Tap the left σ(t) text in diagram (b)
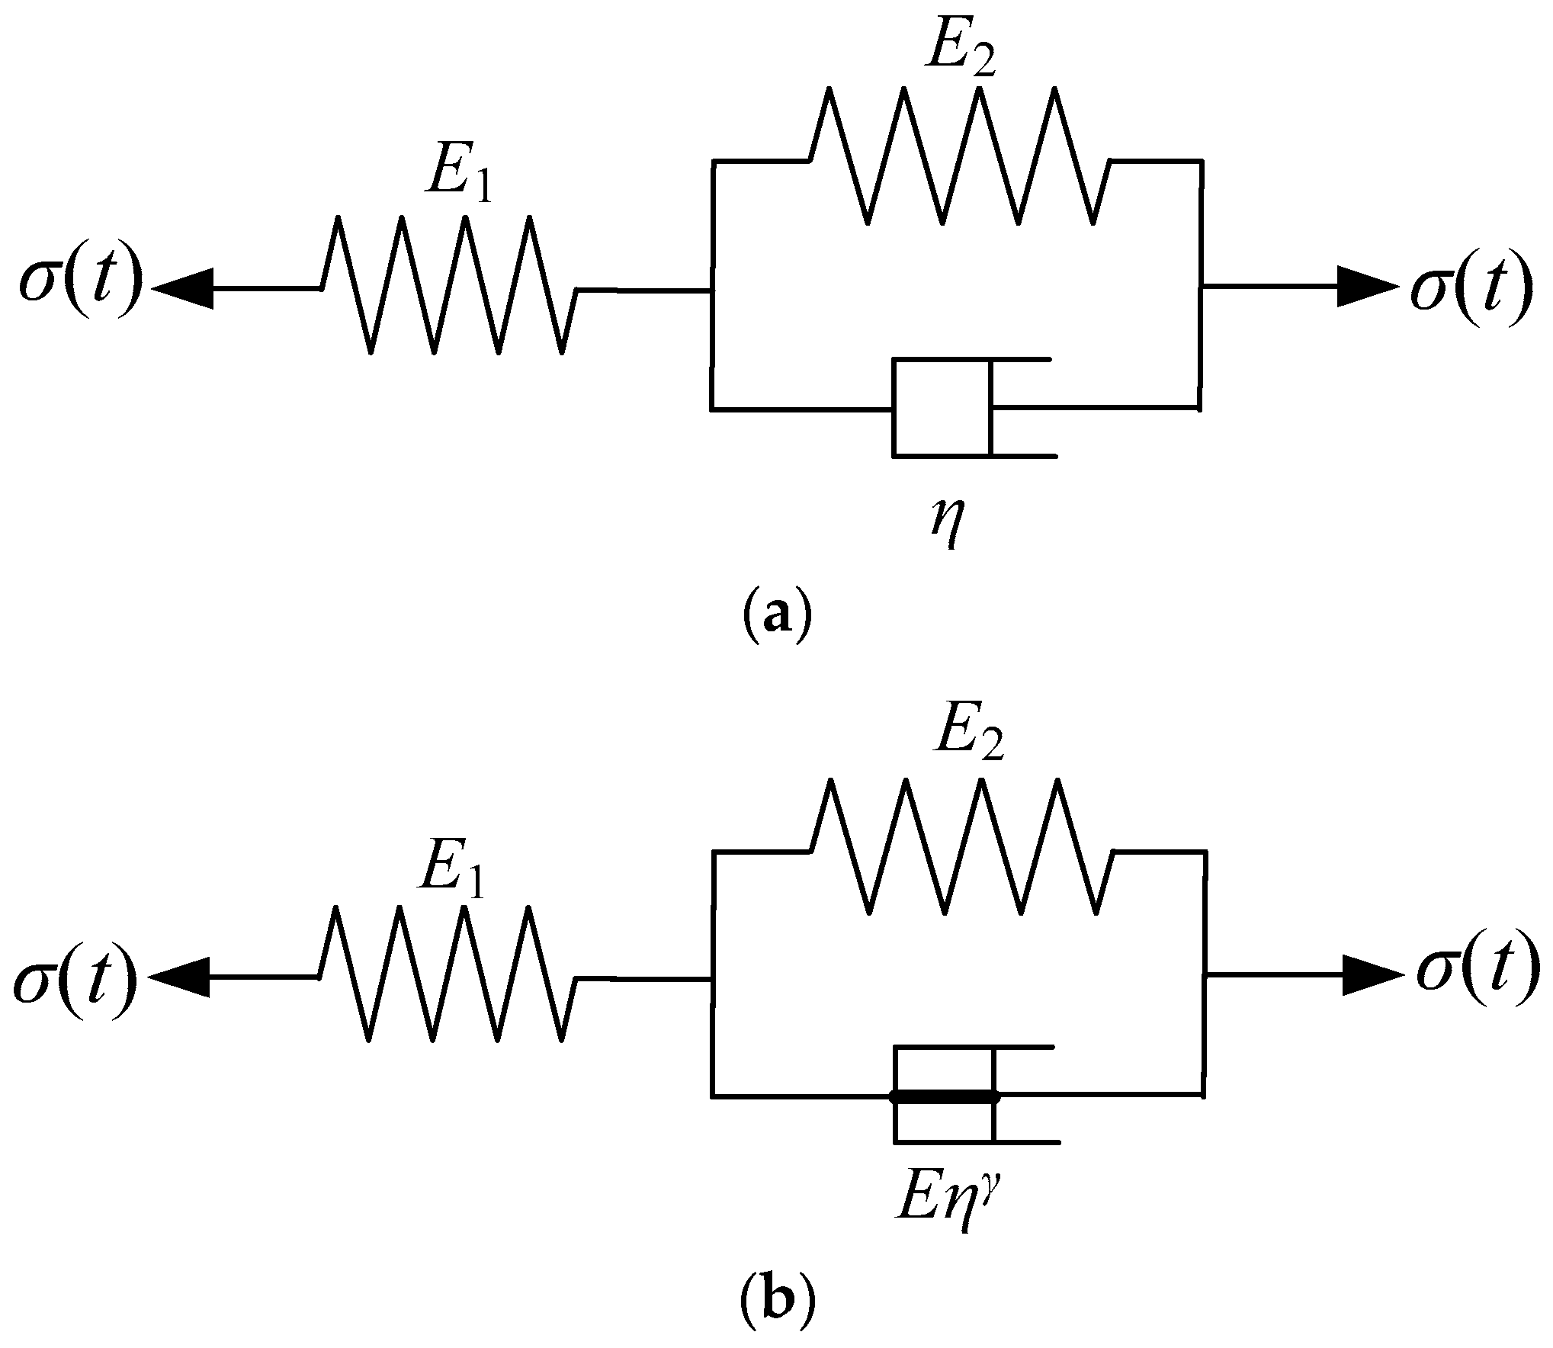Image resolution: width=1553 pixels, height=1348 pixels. [75, 978]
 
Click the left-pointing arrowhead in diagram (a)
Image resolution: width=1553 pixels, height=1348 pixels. [184, 289]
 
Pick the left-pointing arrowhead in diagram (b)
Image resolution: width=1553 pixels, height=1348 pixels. [180, 977]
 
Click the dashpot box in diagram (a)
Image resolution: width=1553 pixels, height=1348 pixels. [942, 407]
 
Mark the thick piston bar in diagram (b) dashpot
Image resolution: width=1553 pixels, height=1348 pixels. [944, 1097]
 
